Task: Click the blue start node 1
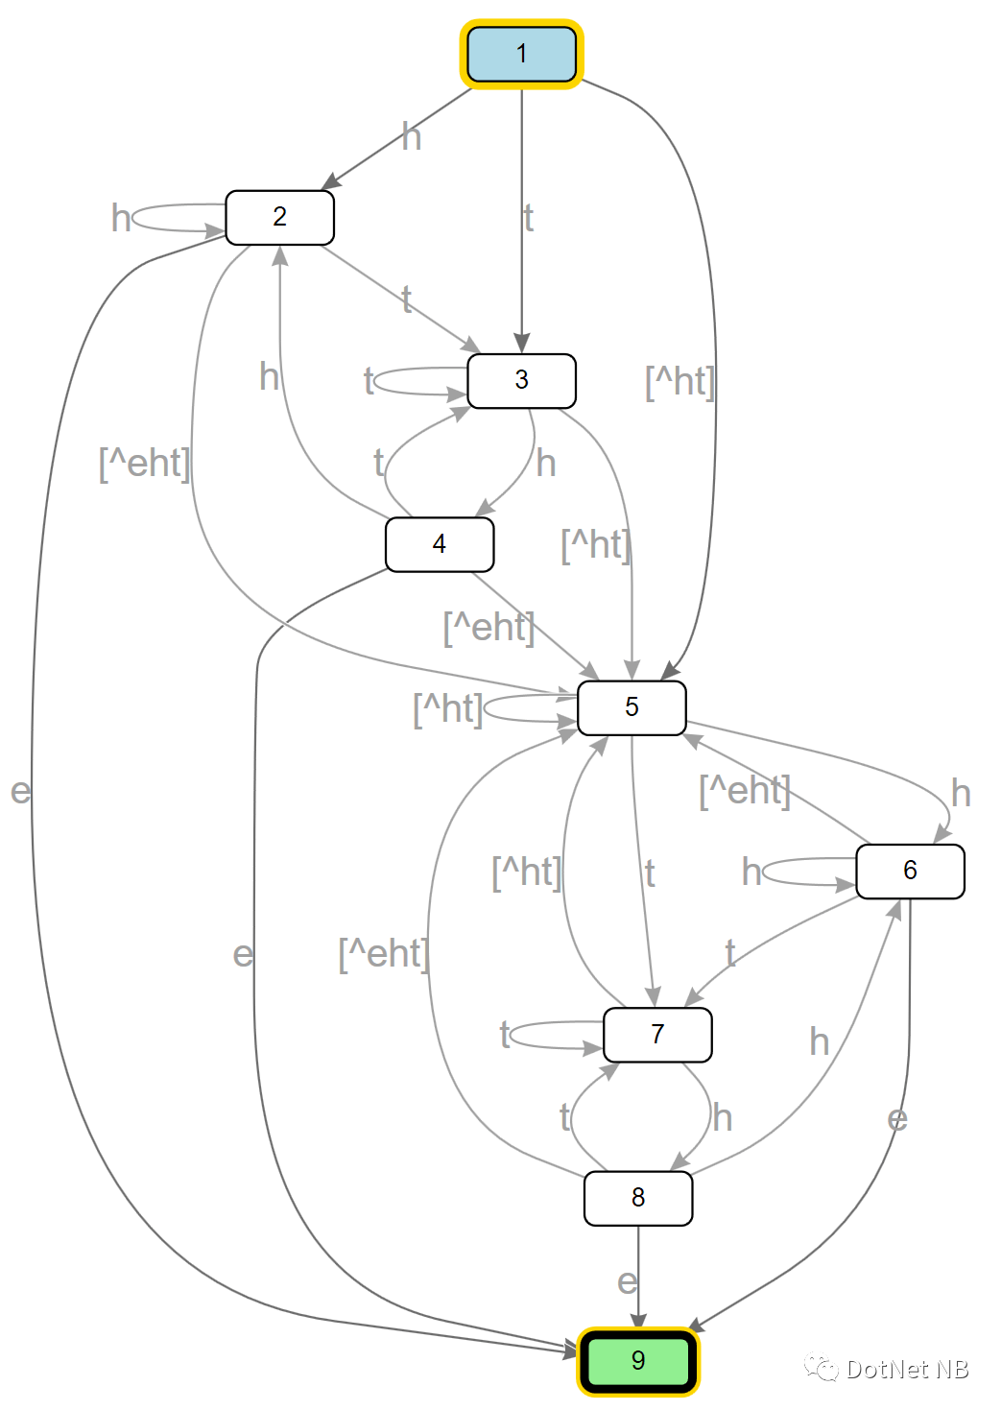[x=522, y=54]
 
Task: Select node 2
[x=279, y=217]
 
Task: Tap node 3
[x=521, y=380]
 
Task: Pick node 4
[x=440, y=544]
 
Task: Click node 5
[x=632, y=707]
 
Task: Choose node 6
[x=910, y=871]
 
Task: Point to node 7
[x=657, y=1034]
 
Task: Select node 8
[x=638, y=1197]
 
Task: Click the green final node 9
[x=638, y=1360]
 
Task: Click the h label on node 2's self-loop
[x=121, y=218]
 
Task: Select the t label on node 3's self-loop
[x=369, y=381]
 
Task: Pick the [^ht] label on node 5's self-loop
[x=447, y=709]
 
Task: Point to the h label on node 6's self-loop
[x=751, y=872]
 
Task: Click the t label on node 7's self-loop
[x=505, y=1035]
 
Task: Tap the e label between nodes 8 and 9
[x=627, y=1281]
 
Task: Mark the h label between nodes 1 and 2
[x=412, y=137]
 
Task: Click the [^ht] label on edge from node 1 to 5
[x=679, y=382]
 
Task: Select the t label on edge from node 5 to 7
[x=650, y=873]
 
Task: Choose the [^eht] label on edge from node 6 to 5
[x=745, y=791]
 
